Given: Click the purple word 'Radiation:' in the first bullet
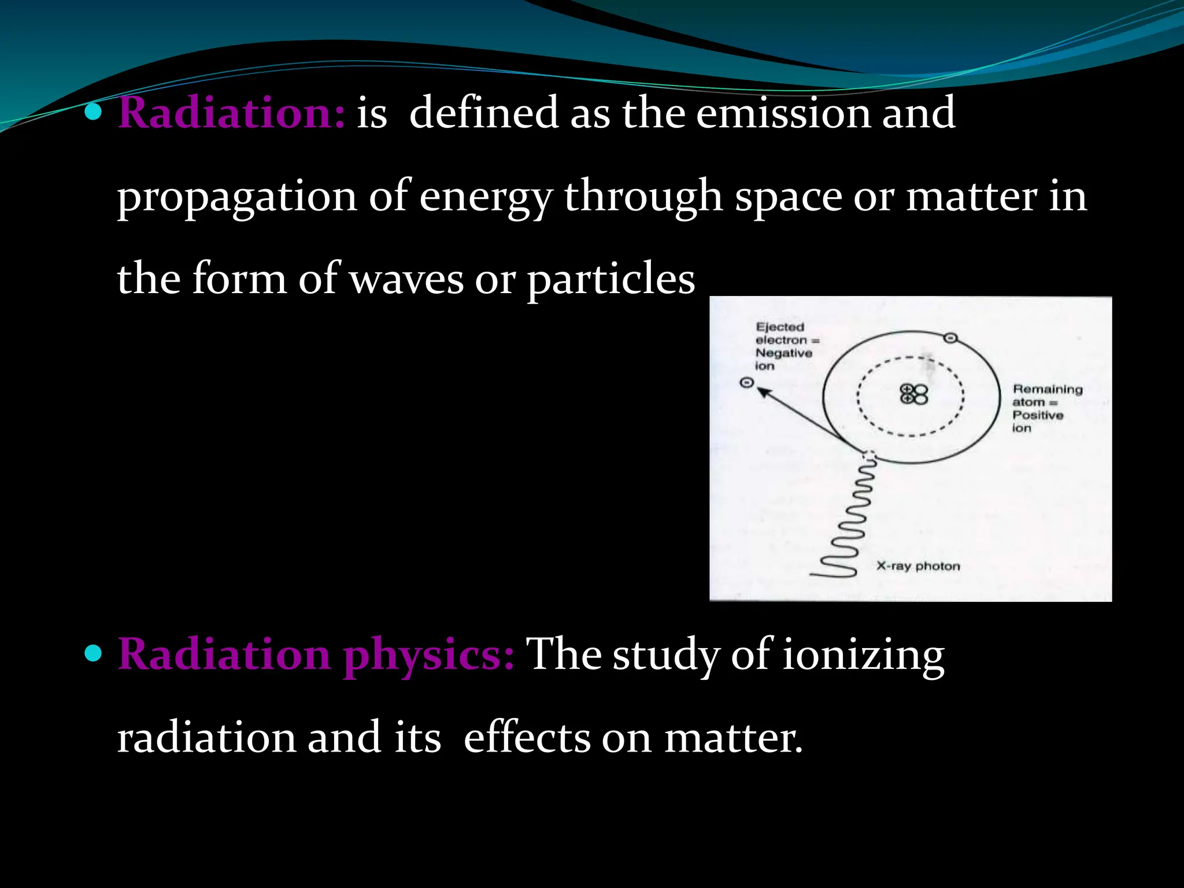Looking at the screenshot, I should (x=231, y=113).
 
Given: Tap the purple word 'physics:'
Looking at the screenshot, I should (x=428, y=656).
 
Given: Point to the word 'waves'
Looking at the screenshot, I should (x=406, y=280).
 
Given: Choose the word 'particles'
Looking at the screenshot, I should (x=610, y=280).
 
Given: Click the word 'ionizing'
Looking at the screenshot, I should (x=864, y=656).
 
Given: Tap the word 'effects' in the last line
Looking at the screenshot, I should (x=527, y=738).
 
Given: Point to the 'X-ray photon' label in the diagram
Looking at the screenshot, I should (x=918, y=566).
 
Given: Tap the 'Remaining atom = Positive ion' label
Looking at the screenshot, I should (x=1046, y=408).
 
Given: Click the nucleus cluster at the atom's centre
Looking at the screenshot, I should (x=914, y=394).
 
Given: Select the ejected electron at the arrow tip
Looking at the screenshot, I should (x=747, y=382).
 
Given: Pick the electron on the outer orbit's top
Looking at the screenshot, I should (x=950, y=338).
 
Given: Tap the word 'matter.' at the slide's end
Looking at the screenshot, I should (x=733, y=738).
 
